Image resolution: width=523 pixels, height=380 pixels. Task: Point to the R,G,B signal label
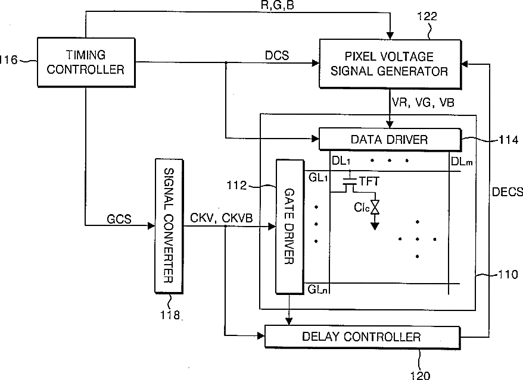[278, 5]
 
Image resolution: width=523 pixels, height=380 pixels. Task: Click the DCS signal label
[277, 55]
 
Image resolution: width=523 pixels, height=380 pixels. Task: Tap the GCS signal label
[119, 219]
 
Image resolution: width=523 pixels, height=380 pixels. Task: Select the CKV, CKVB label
[222, 218]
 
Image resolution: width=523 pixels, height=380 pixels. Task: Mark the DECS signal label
[508, 192]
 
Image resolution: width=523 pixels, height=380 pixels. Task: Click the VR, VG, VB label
[423, 102]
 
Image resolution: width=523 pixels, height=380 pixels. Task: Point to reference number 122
[427, 16]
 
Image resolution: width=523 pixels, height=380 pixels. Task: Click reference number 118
[170, 315]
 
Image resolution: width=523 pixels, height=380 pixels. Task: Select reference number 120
[420, 375]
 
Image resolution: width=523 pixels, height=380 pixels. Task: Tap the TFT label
[369, 181]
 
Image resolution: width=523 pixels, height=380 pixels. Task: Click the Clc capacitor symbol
[375, 208]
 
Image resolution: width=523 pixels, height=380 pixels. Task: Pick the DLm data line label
[462, 162]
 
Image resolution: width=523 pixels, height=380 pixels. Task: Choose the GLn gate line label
[318, 290]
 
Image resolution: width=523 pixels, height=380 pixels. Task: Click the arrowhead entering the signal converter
[151, 226]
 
